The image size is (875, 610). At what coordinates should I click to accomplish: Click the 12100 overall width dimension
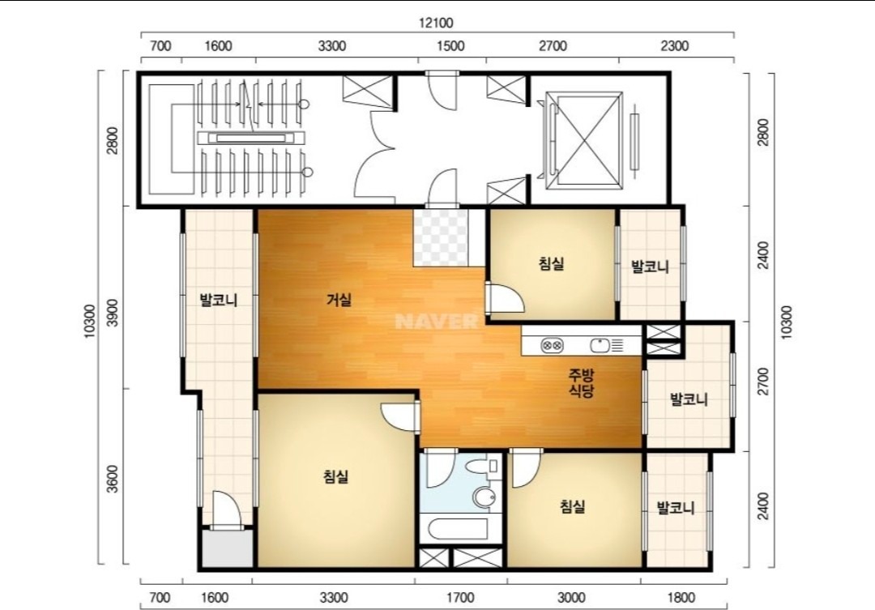pyautogui.click(x=436, y=23)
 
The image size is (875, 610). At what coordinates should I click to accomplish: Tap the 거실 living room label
pyautogui.click(x=339, y=300)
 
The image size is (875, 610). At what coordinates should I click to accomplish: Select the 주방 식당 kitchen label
pyautogui.click(x=581, y=382)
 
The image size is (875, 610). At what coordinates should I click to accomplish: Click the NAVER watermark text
pyautogui.click(x=436, y=322)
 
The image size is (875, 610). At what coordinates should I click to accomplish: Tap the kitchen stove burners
pyautogui.click(x=552, y=345)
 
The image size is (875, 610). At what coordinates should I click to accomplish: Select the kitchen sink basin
pyautogui.click(x=600, y=345)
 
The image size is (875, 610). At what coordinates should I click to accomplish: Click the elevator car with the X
pyautogui.click(x=583, y=139)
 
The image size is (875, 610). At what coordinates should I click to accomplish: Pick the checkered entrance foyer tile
pyautogui.click(x=440, y=237)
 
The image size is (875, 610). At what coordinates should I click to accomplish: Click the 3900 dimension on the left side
pyautogui.click(x=113, y=313)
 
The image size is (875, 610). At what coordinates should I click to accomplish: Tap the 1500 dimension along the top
pyautogui.click(x=450, y=45)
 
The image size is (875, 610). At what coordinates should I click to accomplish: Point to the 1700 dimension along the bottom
pyautogui.click(x=460, y=599)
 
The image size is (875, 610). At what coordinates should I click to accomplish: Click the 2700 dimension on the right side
pyautogui.click(x=763, y=382)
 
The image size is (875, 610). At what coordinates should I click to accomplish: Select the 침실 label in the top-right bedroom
pyautogui.click(x=552, y=262)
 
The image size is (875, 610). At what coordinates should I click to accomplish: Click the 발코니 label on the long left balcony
pyautogui.click(x=219, y=301)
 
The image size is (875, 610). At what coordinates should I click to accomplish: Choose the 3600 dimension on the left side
pyautogui.click(x=113, y=479)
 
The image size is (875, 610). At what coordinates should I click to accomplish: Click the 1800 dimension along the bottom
pyautogui.click(x=681, y=599)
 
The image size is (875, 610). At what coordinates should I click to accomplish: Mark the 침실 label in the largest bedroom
pyautogui.click(x=336, y=476)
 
